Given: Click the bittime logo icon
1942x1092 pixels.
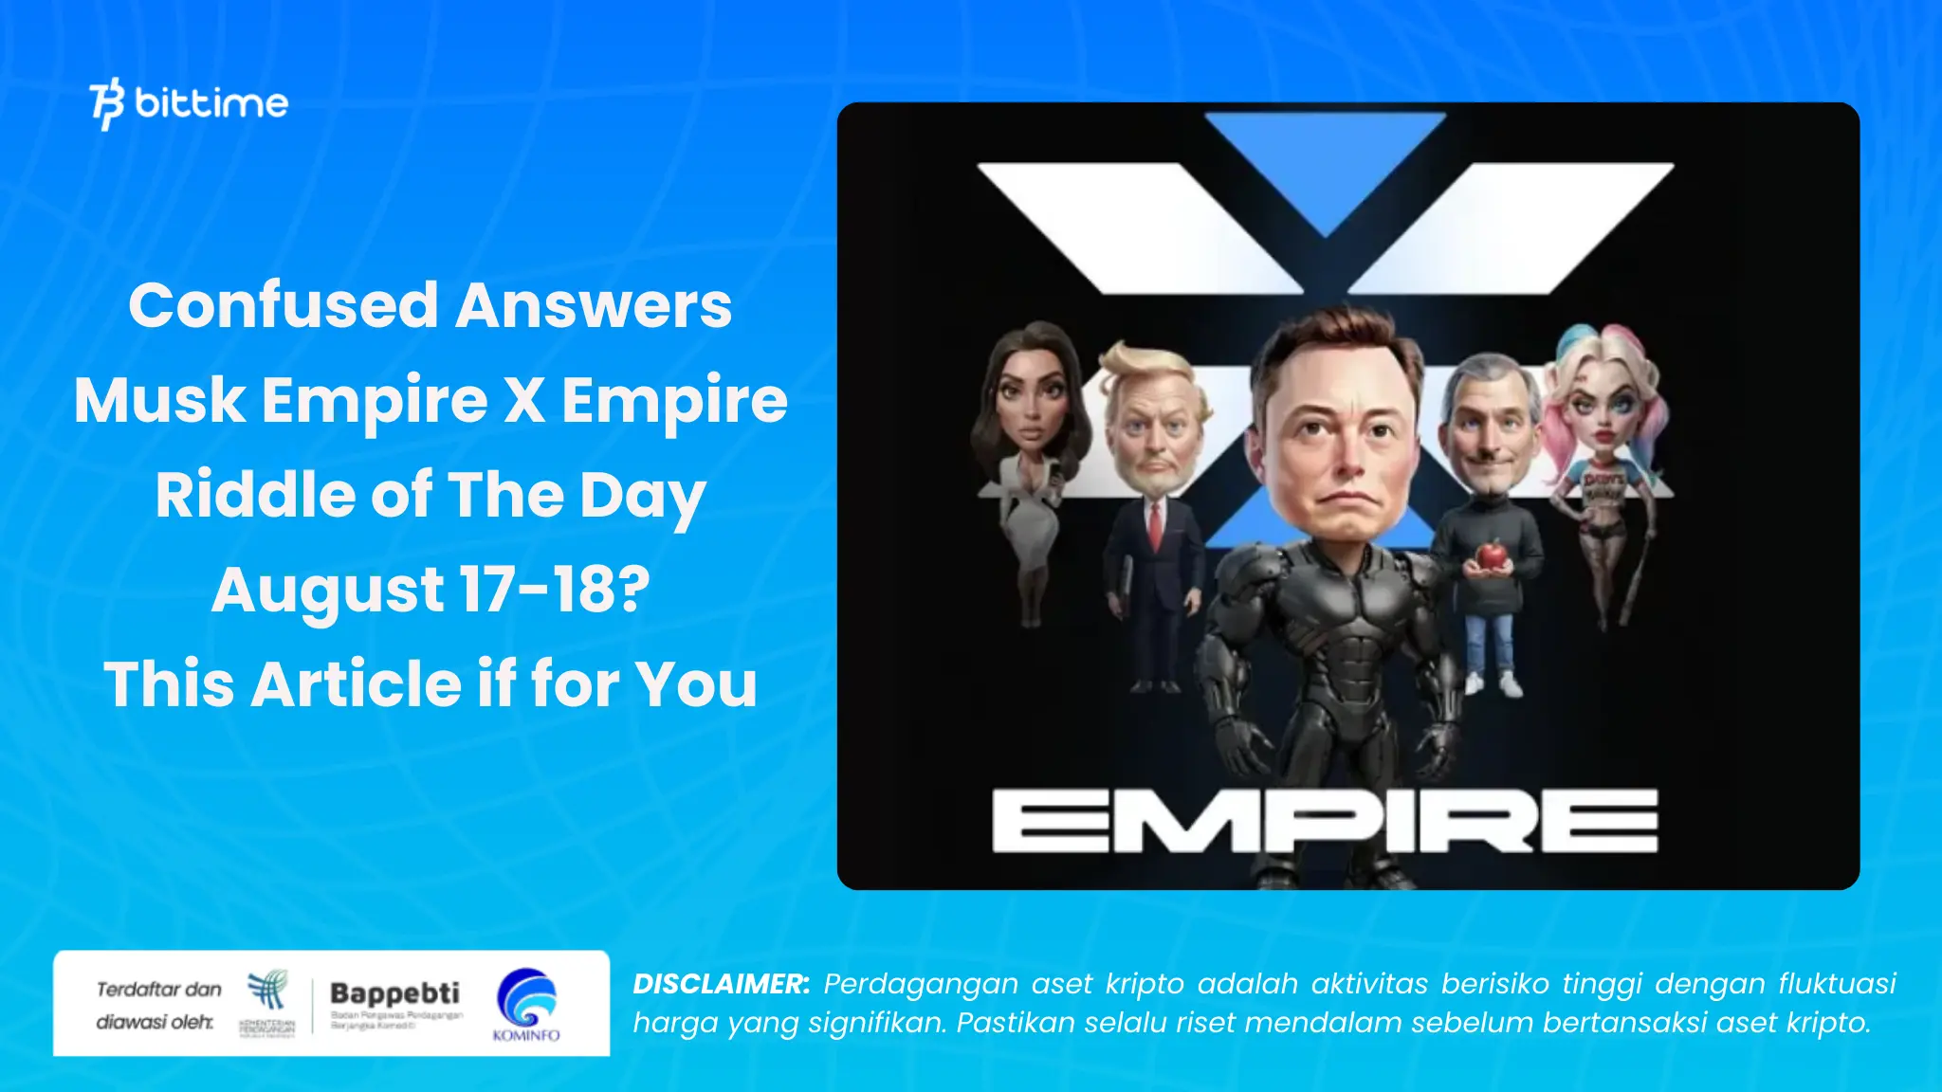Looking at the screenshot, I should (x=107, y=102).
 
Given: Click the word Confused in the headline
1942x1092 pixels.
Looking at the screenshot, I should (x=284, y=305).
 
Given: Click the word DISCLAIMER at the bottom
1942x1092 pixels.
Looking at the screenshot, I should (x=721, y=984).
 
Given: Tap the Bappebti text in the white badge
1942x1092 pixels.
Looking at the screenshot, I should (x=394, y=993).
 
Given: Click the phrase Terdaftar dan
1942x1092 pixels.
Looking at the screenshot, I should (x=158, y=990).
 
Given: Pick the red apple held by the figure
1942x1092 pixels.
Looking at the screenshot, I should (x=1492, y=555).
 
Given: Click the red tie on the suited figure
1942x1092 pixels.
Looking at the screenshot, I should (x=1155, y=525).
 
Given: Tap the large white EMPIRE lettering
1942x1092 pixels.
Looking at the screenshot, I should (x=1325, y=821).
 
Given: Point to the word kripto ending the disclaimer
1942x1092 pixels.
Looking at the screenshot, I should (x=1827, y=1024).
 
